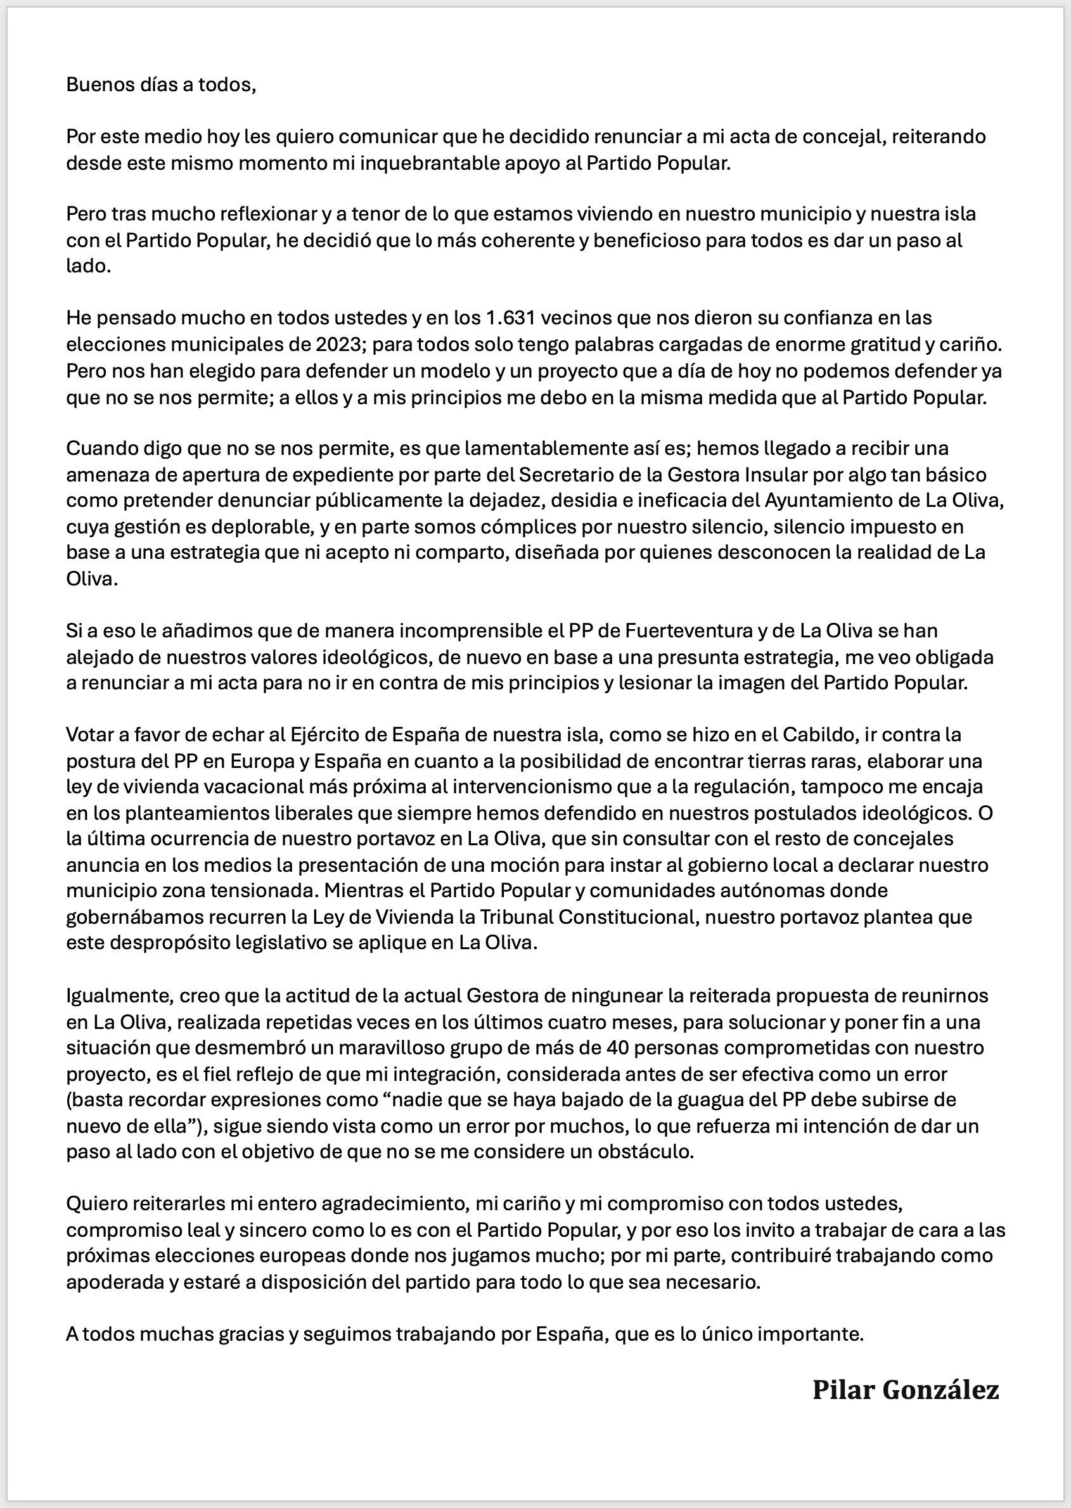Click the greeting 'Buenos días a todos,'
(160, 85)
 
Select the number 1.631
(508, 318)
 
